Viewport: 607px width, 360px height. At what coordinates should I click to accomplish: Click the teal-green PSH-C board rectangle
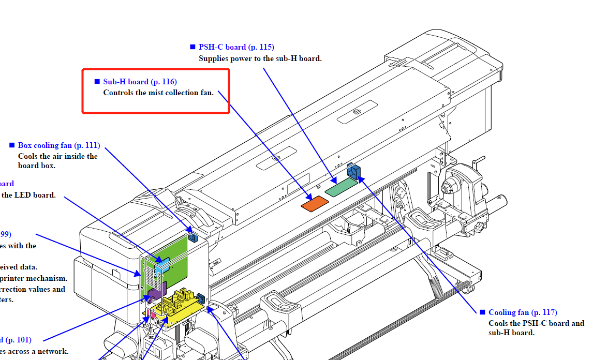[x=341, y=188]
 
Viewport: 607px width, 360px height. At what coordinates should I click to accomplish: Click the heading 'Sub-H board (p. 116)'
[x=140, y=82]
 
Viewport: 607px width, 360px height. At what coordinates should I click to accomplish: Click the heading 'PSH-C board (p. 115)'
[x=236, y=47]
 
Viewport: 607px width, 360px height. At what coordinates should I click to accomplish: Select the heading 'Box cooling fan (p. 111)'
[x=59, y=145]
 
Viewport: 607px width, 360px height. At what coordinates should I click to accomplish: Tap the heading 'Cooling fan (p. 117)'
[x=523, y=312]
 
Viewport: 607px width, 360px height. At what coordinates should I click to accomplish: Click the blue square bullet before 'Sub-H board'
[x=97, y=82]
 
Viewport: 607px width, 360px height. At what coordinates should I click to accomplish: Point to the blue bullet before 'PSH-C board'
[x=193, y=47]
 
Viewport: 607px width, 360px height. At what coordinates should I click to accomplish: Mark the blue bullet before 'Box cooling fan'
[x=12, y=145]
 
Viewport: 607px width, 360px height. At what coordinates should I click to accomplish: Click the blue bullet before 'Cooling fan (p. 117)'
[x=482, y=312]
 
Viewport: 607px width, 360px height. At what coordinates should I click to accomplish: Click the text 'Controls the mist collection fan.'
[x=158, y=93]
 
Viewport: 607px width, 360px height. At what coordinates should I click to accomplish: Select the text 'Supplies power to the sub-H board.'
[x=260, y=58]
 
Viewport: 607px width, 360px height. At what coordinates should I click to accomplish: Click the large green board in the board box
[x=173, y=253]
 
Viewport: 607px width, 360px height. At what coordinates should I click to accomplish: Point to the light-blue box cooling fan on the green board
[x=161, y=266]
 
